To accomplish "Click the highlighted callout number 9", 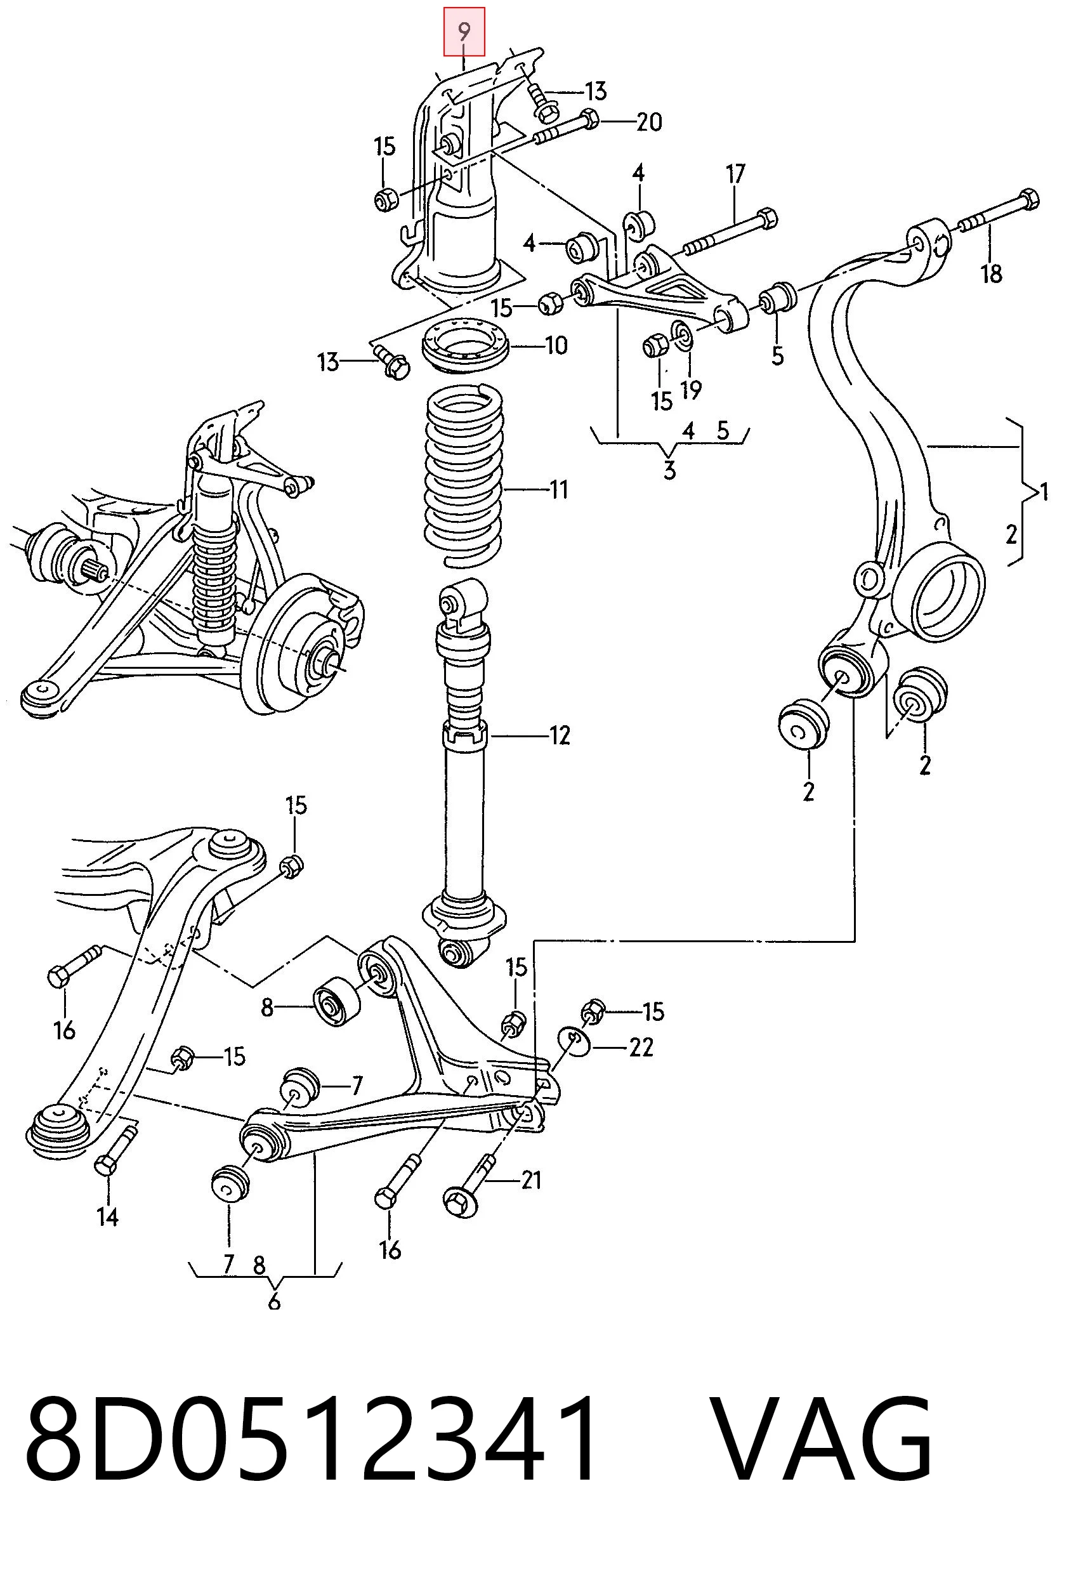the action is click(464, 31).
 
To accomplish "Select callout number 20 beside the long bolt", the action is click(649, 122).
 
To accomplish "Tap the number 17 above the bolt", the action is click(735, 174).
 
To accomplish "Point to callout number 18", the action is click(992, 273).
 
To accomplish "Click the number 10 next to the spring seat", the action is click(556, 346).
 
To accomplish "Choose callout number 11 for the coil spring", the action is click(558, 489).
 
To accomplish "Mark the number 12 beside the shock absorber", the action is click(560, 735).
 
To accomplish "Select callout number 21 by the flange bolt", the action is click(531, 1180).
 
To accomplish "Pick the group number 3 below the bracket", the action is click(669, 470).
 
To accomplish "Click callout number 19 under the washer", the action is click(691, 390).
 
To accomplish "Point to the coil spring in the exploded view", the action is click(464, 476).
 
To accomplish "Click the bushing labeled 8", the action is click(336, 1005).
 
